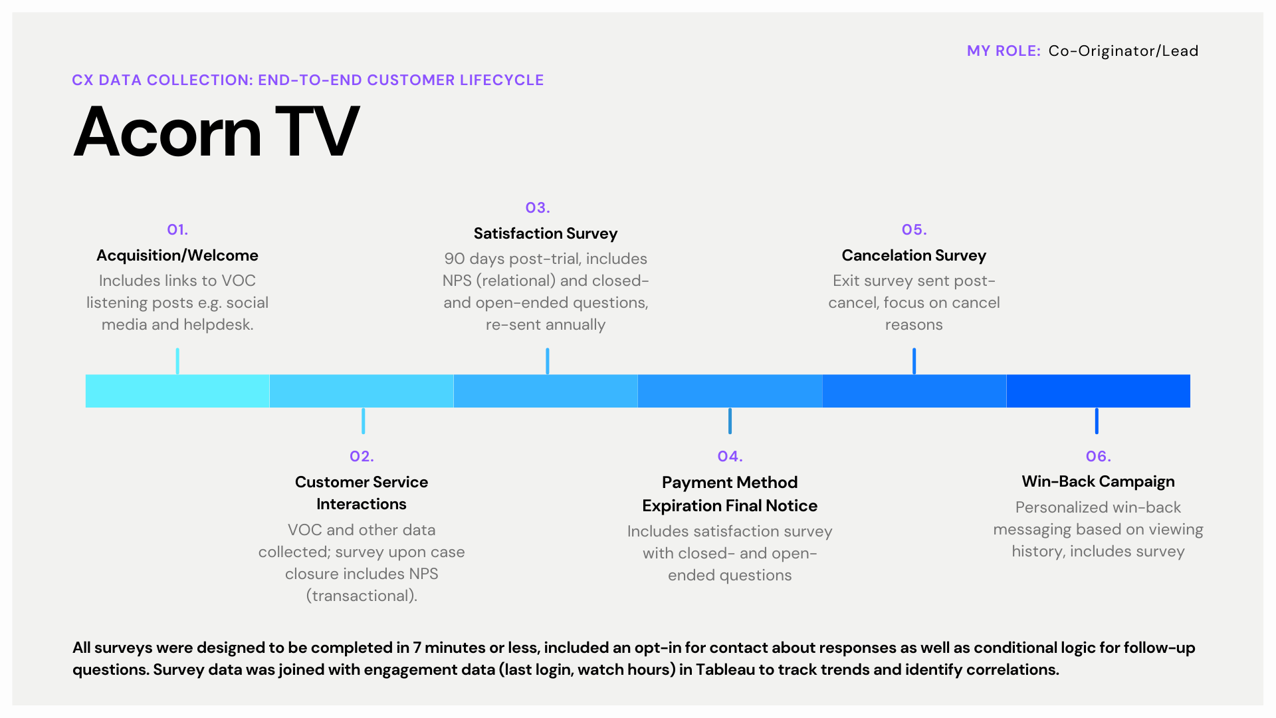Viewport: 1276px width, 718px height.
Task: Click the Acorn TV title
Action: (216, 133)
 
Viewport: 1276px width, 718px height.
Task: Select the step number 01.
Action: (177, 230)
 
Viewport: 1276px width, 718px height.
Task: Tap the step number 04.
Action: (730, 457)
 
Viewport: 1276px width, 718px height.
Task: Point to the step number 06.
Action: (1098, 457)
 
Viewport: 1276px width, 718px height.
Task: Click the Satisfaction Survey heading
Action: (545, 233)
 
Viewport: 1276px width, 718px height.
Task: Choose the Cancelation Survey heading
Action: (913, 255)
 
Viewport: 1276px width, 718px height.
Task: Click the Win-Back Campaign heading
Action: (1098, 481)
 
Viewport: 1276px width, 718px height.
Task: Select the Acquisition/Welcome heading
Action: (177, 255)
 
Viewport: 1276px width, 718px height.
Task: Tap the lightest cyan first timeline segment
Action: (177, 391)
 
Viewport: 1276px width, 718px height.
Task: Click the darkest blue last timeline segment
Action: (1098, 391)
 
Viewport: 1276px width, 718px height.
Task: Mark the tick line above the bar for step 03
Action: (547, 361)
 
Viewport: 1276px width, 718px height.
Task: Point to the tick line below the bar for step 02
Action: (363, 421)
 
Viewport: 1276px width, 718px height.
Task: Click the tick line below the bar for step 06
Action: (1097, 421)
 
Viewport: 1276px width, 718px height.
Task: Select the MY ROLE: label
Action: (1004, 51)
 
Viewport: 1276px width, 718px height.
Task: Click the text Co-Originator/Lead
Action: (1123, 51)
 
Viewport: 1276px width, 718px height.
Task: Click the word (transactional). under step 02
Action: (362, 596)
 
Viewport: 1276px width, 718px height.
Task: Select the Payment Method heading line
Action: (730, 483)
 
